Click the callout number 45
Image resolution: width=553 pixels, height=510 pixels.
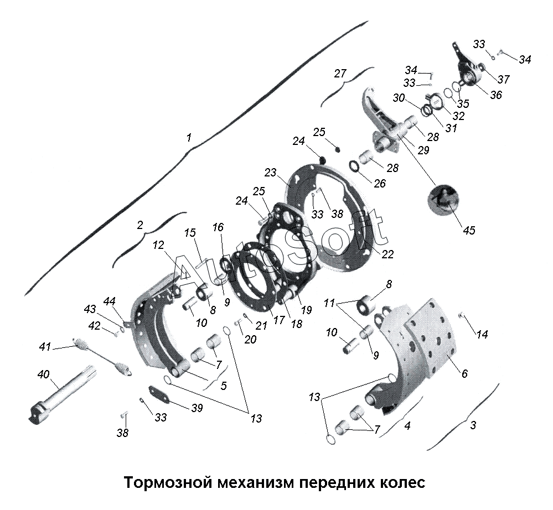pos(469,231)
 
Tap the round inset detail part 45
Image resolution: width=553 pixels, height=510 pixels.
pos(443,200)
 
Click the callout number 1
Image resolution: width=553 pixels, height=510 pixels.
pos(189,138)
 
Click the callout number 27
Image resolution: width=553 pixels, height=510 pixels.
pos(340,74)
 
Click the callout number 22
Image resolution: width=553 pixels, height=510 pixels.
pos(387,254)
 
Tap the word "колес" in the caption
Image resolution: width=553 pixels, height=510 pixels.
pos(402,482)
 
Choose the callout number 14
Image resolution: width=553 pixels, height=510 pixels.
pos(482,334)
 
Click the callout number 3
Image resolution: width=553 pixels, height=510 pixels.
pos(473,425)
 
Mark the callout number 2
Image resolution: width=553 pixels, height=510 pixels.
pos(140,225)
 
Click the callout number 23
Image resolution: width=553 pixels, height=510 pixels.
pos(271,173)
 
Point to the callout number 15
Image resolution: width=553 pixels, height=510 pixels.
pos(190,233)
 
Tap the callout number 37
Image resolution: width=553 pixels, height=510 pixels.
pos(504,79)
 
